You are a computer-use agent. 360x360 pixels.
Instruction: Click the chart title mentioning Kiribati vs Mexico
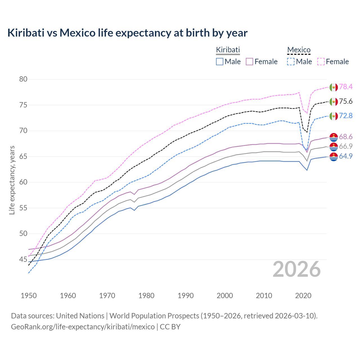127,33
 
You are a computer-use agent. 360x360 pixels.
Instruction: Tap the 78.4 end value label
346,87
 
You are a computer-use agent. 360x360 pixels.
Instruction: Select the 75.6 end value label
346,102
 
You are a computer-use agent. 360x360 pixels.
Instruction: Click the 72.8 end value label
346,116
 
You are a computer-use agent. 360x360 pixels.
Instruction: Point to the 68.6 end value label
346,137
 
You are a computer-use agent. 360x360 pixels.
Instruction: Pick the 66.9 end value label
346,146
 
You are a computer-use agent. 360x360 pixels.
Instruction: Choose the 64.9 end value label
346,156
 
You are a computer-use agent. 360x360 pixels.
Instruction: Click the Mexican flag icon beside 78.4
334,87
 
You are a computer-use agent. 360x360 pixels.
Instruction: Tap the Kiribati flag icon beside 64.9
334,157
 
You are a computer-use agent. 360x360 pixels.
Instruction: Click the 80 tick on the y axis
23,79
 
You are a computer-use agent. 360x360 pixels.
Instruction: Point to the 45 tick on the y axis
23,259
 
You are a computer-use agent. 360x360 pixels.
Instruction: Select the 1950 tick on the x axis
29,296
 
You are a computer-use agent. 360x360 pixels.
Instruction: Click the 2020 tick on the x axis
303,296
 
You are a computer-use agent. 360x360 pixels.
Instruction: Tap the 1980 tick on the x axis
146,296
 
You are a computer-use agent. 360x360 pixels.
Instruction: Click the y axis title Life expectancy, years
12,180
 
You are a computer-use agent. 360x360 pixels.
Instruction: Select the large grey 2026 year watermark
297,269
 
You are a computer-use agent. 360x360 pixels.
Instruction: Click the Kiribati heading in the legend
228,50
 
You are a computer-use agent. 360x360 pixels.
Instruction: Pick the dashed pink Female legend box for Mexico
321,62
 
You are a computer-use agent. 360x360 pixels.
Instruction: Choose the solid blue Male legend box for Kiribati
220,62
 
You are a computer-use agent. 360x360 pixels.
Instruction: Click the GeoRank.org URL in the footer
83,327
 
